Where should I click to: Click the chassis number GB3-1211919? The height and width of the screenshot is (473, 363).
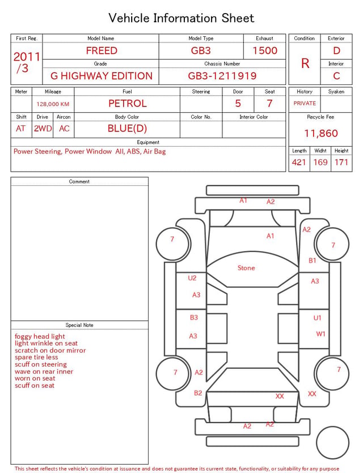tap(222, 76)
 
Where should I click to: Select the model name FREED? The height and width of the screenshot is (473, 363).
tap(102, 50)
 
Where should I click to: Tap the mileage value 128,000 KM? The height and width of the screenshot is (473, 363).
tap(53, 104)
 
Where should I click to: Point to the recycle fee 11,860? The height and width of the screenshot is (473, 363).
tap(320, 133)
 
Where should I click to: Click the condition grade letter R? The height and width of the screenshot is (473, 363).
tap(305, 63)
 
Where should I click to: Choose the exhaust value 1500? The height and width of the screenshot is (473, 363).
tap(265, 50)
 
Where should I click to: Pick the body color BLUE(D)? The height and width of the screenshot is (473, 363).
tap(127, 129)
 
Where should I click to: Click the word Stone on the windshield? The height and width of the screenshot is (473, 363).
tap(246, 268)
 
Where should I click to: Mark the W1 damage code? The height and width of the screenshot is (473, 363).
tap(320, 334)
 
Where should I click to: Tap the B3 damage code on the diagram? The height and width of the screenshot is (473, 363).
tap(194, 317)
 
